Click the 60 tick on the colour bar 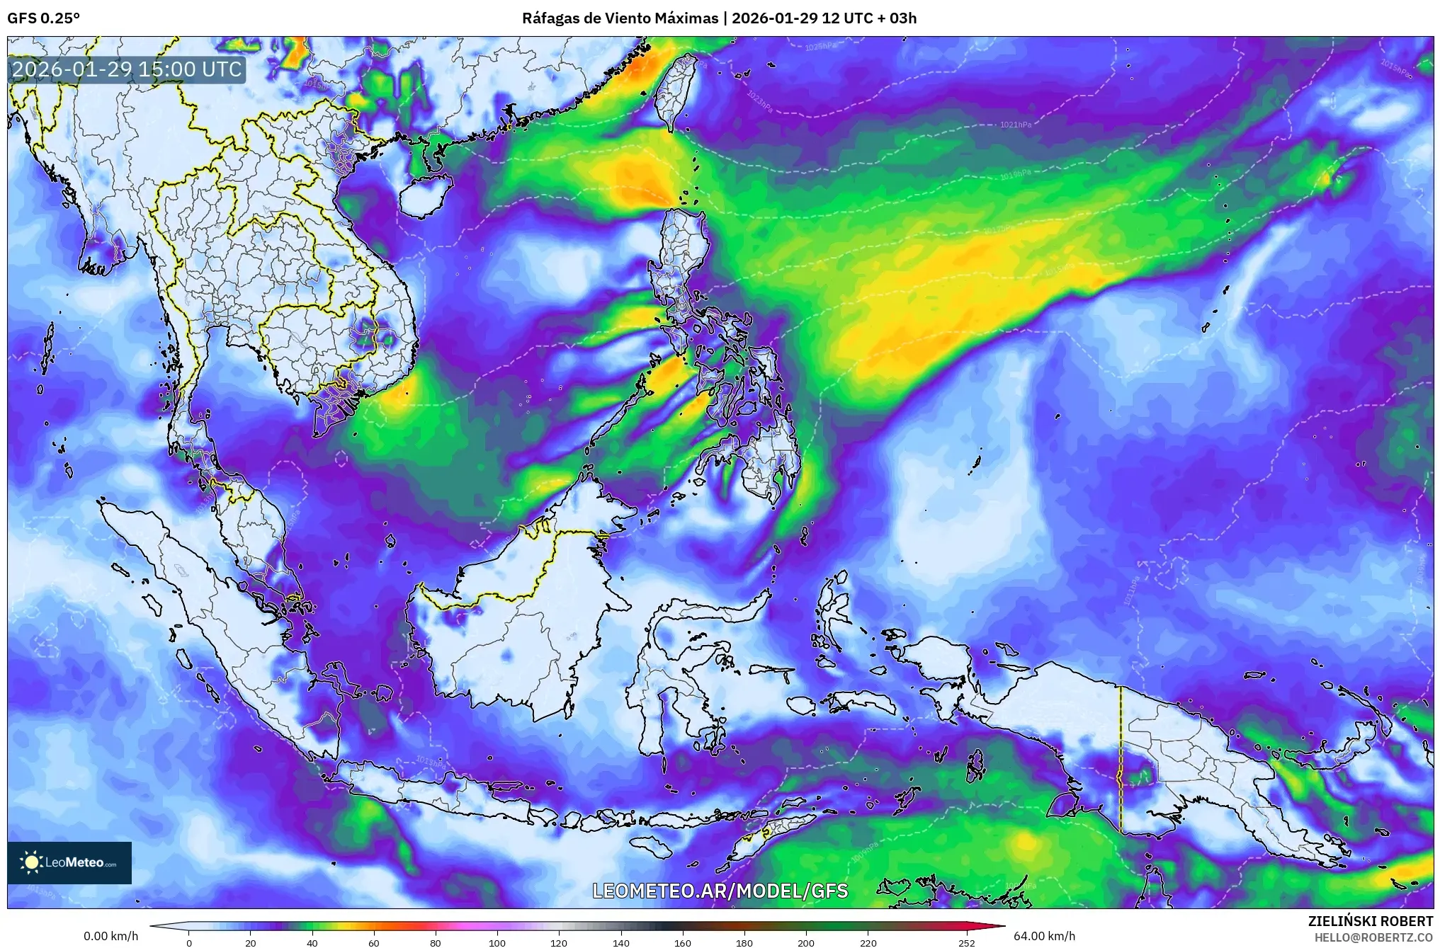pyautogui.click(x=374, y=942)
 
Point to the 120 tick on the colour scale pyautogui.click(x=560, y=942)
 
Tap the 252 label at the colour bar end pyautogui.click(x=967, y=942)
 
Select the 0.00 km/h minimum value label pyautogui.click(x=111, y=936)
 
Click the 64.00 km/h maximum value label pyautogui.click(x=1044, y=936)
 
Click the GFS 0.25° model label pyautogui.click(x=44, y=18)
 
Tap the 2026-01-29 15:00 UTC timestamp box pyautogui.click(x=127, y=69)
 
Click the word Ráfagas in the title pyautogui.click(x=549, y=18)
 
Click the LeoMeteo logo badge pyautogui.click(x=69, y=862)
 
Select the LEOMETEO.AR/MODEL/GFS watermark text pyautogui.click(x=720, y=891)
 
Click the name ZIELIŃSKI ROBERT pyautogui.click(x=1371, y=921)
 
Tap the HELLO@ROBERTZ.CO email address pyautogui.click(x=1374, y=937)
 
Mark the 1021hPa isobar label pyautogui.click(x=1016, y=125)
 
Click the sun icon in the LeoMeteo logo pyautogui.click(x=31, y=862)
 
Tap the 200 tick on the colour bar pyautogui.click(x=806, y=942)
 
